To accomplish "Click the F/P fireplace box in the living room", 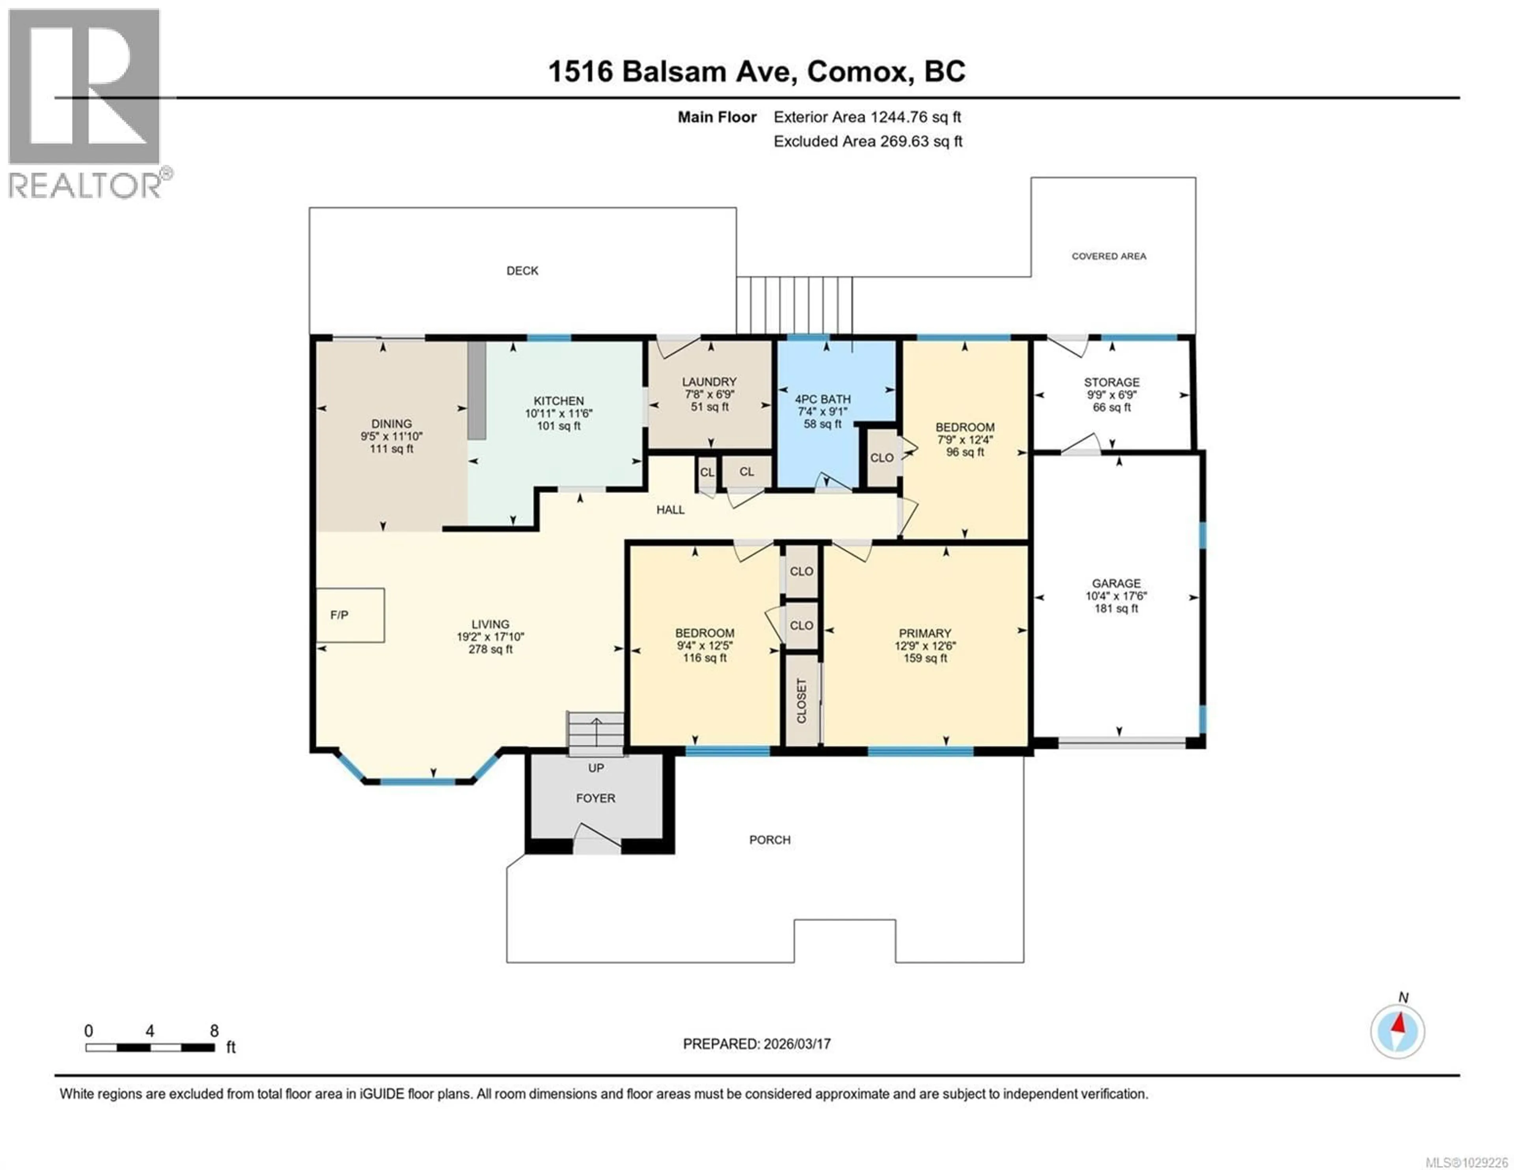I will (350, 614).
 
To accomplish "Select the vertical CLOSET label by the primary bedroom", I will (802, 700).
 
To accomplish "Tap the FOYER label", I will (595, 798).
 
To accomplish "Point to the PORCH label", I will (770, 840).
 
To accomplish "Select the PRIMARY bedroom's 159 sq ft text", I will (925, 658).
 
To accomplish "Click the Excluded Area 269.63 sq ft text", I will (867, 142).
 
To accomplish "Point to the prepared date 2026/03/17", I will (796, 1044).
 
